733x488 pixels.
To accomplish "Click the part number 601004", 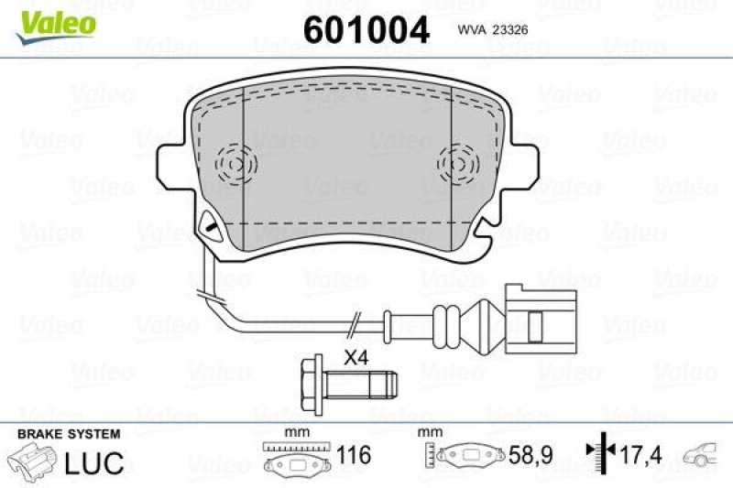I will [366, 30].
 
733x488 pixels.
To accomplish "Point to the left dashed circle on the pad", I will [235, 164].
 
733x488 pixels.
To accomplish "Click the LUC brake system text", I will [93, 462].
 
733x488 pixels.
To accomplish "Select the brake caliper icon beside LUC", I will [33, 461].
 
